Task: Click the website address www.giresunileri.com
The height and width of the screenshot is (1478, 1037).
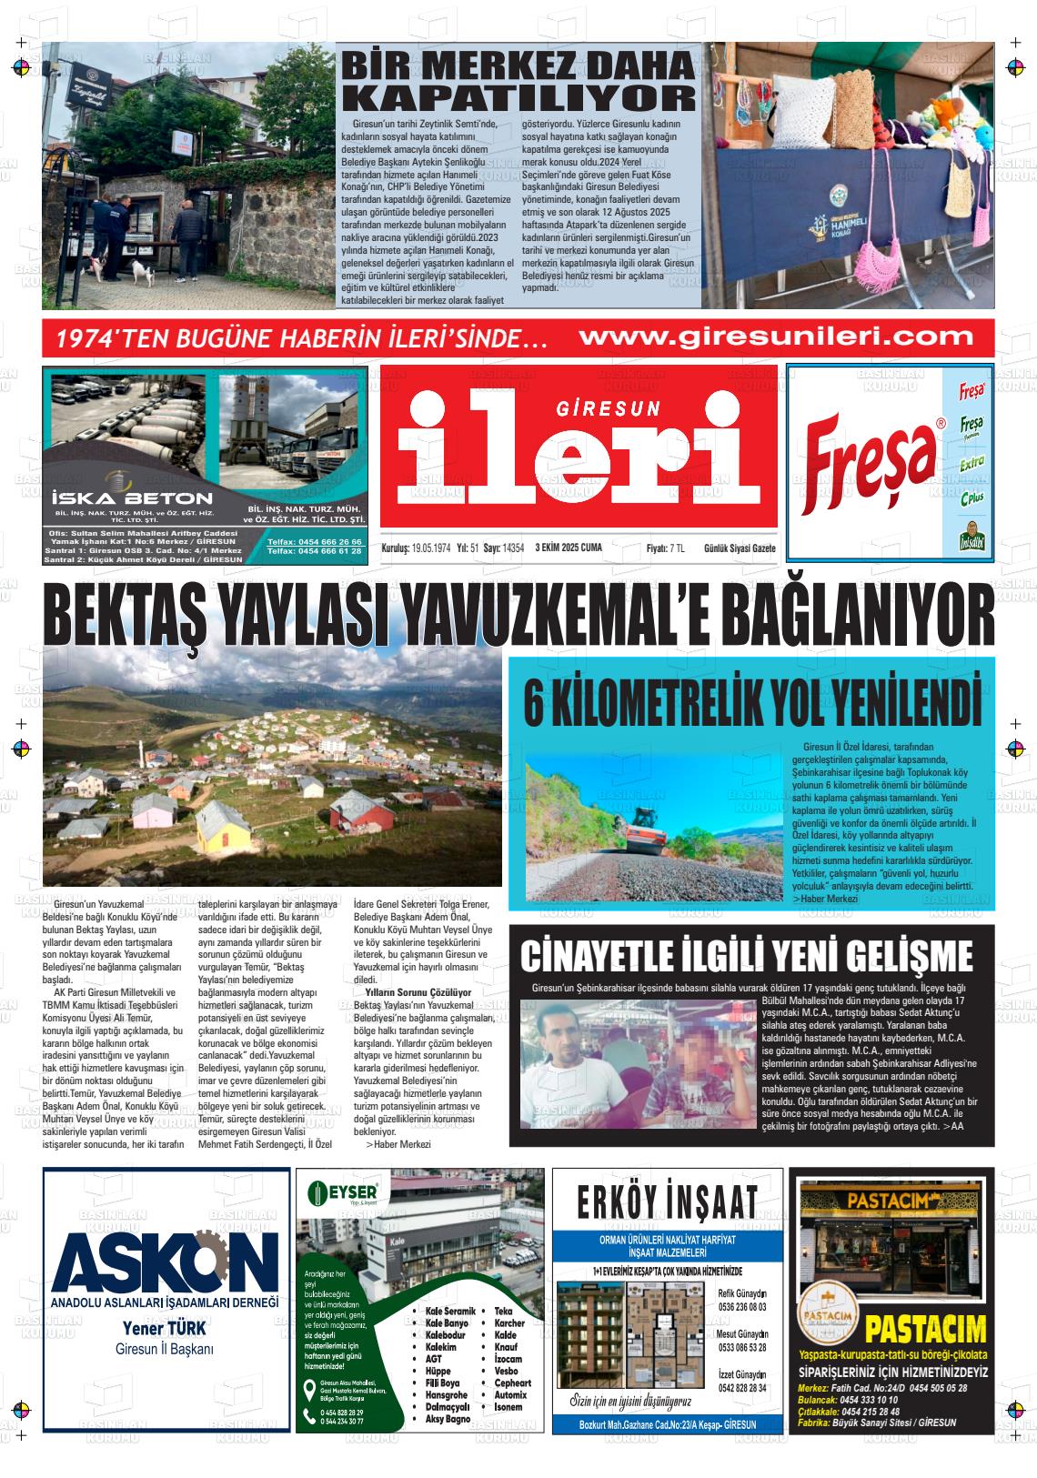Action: (776, 337)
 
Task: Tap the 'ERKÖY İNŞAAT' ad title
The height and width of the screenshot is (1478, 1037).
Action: (667, 1201)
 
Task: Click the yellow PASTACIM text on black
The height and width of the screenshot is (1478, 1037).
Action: (925, 1330)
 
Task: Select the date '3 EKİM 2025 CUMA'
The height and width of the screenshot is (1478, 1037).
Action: (569, 548)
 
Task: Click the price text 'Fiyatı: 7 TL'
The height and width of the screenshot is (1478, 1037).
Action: (665, 548)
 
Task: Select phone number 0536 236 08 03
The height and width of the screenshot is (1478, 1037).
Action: (742, 1306)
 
